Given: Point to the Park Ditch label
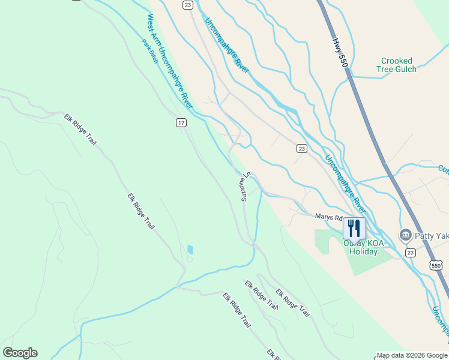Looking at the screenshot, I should pos(150,52).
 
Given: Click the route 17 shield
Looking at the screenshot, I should pos(181,122).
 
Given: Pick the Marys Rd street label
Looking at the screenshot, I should pos(329,217).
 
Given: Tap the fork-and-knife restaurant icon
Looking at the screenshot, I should pos(353,228).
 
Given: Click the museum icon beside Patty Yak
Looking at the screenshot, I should pos(405,235).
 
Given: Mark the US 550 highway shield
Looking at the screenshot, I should pos(436,265).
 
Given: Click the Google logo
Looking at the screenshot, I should pos(20,353).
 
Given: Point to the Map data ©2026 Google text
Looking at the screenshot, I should pos(412,355).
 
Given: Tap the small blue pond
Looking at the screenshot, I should pos(190,249).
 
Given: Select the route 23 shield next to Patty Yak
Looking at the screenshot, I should pos(410,253).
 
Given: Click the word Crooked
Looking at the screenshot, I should pos(397,61).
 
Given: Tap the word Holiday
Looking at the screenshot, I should pos(364,251).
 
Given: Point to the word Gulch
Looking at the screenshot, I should pos(406,69).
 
